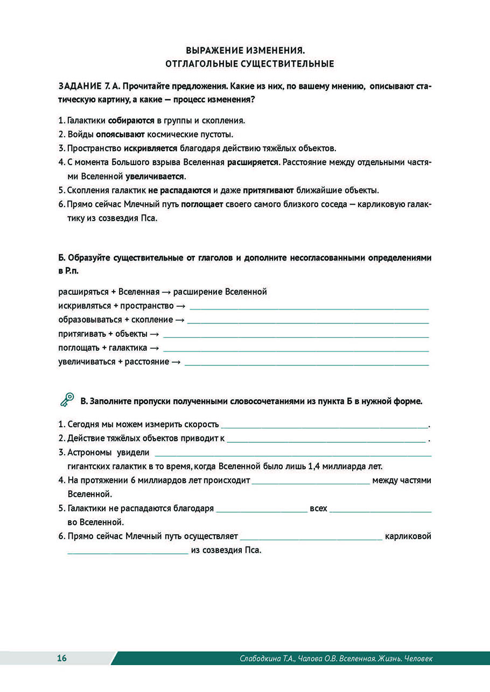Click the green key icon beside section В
point(67,400)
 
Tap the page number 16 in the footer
point(62,658)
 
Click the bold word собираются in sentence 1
point(131,121)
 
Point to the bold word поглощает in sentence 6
point(202,204)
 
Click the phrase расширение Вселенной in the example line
point(220,292)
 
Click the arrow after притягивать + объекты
point(154,334)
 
